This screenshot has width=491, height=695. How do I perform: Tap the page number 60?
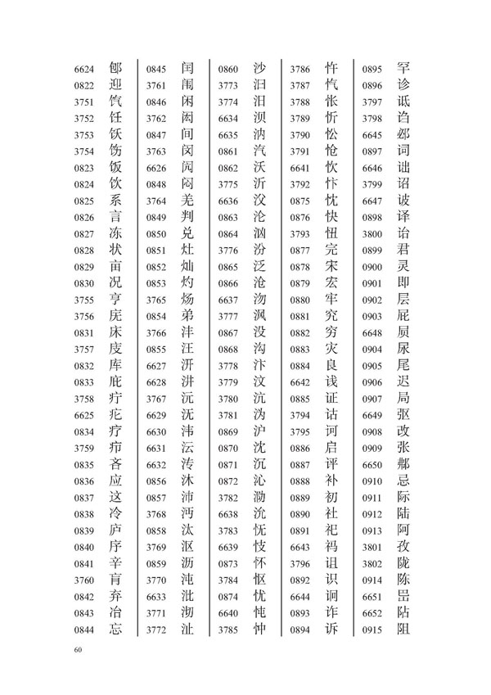(x=79, y=651)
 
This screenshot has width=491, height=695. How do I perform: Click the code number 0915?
(x=372, y=630)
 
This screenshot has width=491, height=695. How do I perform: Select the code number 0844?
(x=85, y=630)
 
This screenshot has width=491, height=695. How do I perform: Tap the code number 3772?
(x=156, y=630)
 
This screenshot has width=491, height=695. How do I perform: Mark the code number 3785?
(x=228, y=630)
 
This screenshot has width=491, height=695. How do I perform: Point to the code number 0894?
(x=300, y=630)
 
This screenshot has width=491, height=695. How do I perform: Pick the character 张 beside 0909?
(x=403, y=448)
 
